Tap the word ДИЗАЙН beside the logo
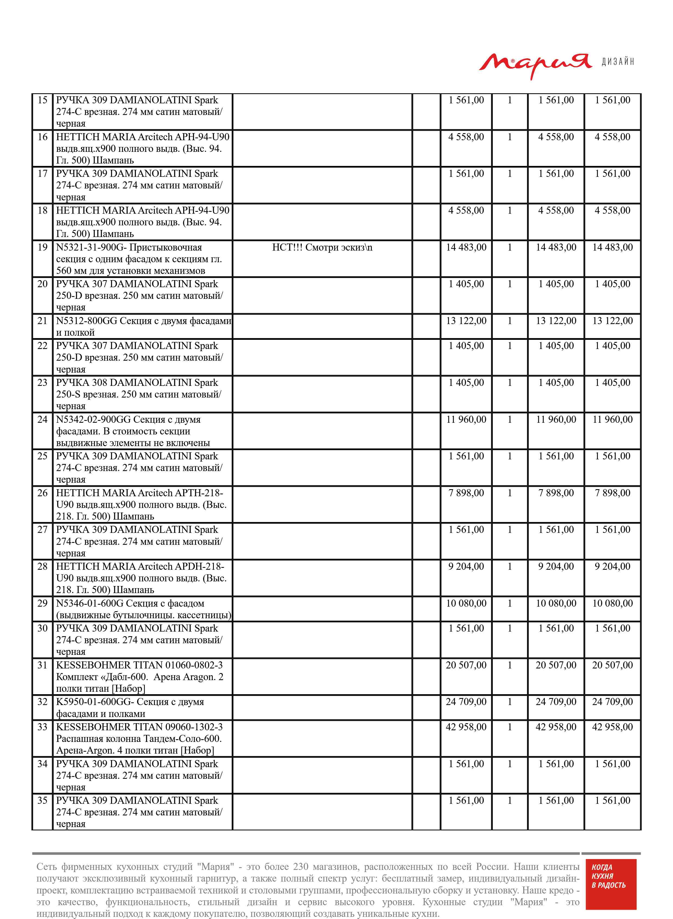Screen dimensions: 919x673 tap(618, 62)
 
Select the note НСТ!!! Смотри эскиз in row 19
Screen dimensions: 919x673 tap(322, 248)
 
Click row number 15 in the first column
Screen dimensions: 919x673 tap(42, 100)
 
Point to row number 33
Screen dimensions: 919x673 tap(42, 727)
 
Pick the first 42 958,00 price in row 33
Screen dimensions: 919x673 tap(466, 727)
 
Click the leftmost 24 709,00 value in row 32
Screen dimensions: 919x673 tap(466, 702)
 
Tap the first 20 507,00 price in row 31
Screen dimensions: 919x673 tap(466, 665)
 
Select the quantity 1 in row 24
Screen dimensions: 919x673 tap(509, 420)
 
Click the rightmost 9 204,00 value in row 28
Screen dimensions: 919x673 tap(612, 566)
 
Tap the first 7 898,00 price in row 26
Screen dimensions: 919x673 tap(466, 493)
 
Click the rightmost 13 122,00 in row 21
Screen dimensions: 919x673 tap(612, 321)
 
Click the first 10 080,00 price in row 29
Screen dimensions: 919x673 tap(466, 604)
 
